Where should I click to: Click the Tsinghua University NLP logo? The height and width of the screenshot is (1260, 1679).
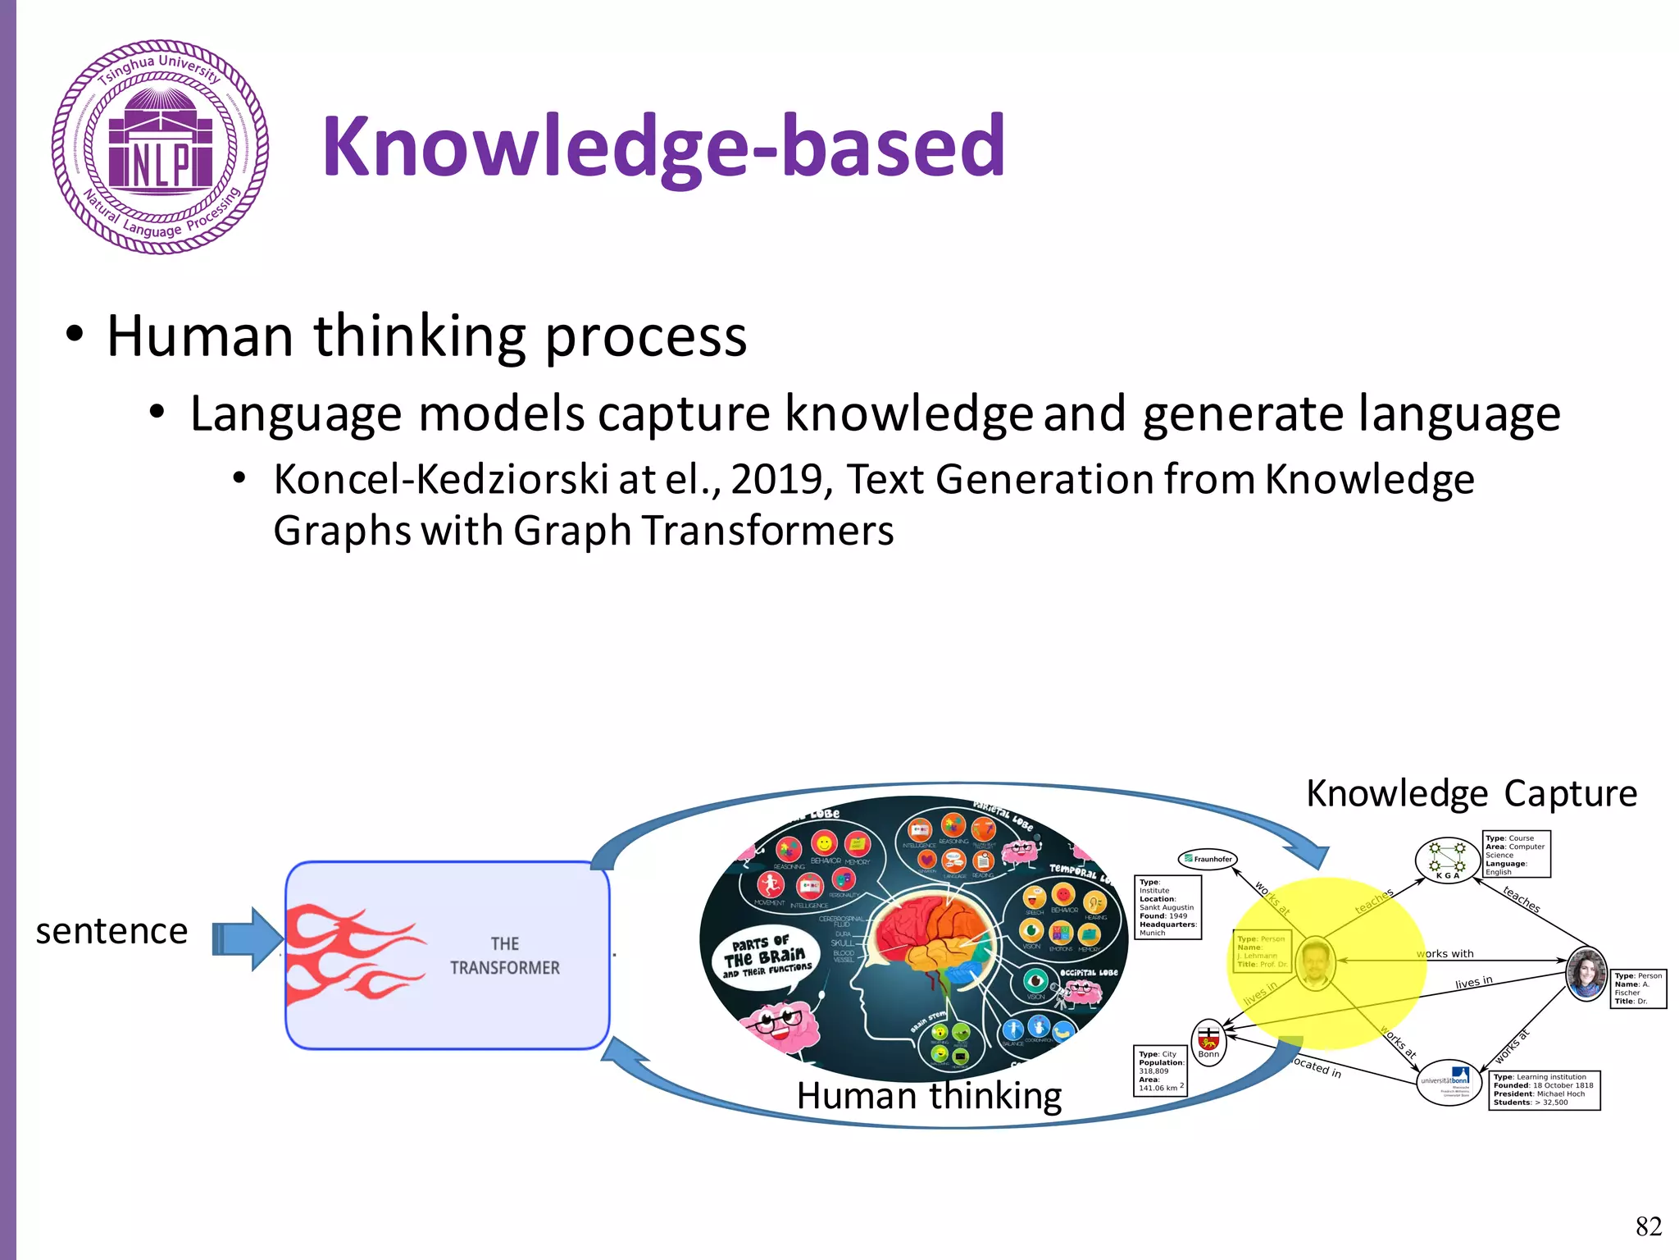pos(160,148)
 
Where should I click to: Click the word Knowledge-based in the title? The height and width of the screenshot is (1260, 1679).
pos(663,147)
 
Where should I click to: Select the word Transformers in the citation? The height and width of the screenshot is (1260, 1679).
pos(767,531)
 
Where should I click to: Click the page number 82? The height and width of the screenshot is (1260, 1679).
pos(1648,1226)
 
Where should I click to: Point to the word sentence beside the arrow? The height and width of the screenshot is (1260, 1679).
pos(111,931)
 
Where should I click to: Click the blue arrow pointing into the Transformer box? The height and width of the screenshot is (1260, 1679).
pos(247,938)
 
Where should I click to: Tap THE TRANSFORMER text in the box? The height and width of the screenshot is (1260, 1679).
pos(504,956)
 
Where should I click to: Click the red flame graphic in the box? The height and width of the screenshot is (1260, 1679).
pos(353,952)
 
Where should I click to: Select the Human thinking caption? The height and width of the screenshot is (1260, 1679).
pos(928,1096)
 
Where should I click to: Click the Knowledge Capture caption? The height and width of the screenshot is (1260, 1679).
pos(1471,793)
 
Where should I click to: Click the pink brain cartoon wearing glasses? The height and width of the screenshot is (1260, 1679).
pos(778,1025)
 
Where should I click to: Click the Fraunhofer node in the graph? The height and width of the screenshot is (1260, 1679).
pos(1208,859)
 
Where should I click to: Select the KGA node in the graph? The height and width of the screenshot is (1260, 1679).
pos(1447,860)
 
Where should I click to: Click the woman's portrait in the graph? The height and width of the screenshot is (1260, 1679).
pos(1586,974)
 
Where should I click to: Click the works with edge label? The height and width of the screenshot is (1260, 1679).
pos(1445,953)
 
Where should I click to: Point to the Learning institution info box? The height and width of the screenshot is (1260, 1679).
pos(1544,1090)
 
